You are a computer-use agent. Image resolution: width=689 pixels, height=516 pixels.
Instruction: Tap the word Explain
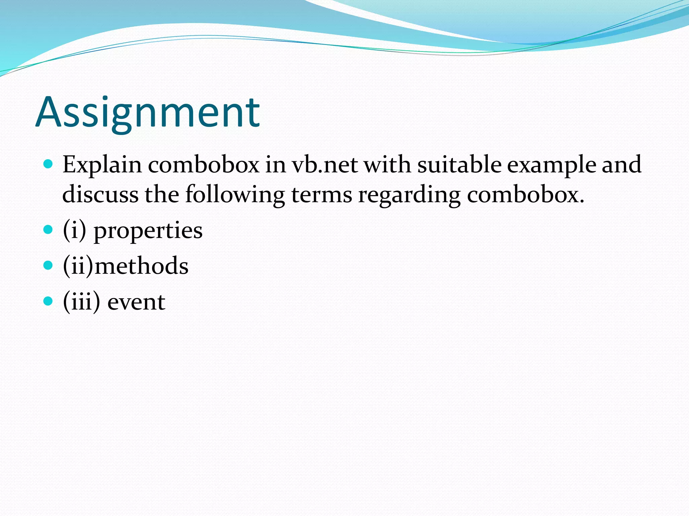[x=102, y=165]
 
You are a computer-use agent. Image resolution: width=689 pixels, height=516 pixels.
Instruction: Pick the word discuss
[x=100, y=195]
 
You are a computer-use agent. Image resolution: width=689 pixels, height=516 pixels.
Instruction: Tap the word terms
[x=321, y=195]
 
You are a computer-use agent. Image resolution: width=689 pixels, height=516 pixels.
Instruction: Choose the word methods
[x=141, y=266]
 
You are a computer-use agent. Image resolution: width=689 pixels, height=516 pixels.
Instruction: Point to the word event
[x=136, y=302]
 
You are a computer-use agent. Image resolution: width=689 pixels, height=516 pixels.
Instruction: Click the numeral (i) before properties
[x=74, y=230]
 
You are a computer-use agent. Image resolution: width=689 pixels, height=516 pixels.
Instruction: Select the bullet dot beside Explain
[x=48, y=164]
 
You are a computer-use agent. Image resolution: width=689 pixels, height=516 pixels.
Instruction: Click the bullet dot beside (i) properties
[x=48, y=229]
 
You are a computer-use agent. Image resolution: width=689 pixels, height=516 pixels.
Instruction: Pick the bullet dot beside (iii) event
[x=48, y=301]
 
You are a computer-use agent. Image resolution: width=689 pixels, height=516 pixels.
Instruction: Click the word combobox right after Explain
[x=204, y=165]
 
